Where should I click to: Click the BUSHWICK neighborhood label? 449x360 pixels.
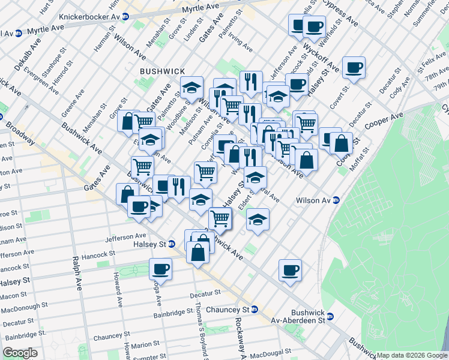pos(162,71)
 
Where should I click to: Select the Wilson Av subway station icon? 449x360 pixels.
pos(337,200)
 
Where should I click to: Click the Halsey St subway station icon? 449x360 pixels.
pos(172,244)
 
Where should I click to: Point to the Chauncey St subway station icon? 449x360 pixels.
pos(255,310)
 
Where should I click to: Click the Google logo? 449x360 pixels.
pos(20,353)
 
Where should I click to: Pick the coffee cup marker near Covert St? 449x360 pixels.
pos(354,68)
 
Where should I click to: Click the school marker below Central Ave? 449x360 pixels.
pos(258,220)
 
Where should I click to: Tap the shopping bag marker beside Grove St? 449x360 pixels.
pos(128,121)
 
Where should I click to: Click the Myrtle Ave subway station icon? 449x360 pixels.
pos(19,32)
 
